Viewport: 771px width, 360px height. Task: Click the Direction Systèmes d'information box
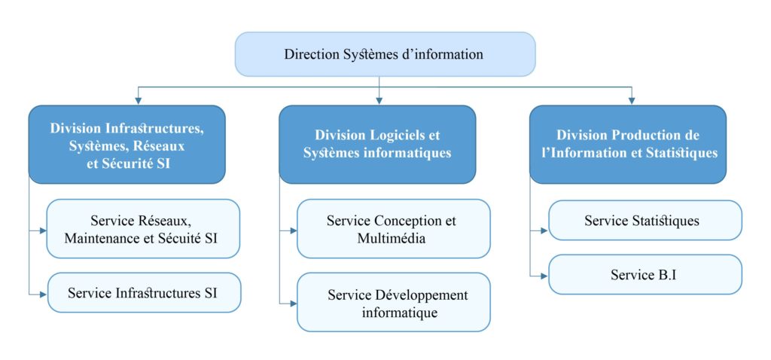point(385,54)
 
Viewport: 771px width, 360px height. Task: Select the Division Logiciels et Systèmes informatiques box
point(377,144)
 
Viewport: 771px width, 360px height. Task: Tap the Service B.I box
point(645,274)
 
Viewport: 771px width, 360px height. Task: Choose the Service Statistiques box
point(645,220)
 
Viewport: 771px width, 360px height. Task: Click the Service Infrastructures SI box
point(144,292)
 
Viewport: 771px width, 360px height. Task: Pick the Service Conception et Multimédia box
point(393,229)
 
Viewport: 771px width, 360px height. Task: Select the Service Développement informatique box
point(393,302)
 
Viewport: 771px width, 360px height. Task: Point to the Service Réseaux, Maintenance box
point(144,229)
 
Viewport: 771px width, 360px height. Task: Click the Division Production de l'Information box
point(628,144)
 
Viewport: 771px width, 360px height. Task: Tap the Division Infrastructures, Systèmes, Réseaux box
point(126,144)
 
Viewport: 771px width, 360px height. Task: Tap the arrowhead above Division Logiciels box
point(379,100)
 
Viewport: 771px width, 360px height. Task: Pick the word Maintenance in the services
point(103,239)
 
